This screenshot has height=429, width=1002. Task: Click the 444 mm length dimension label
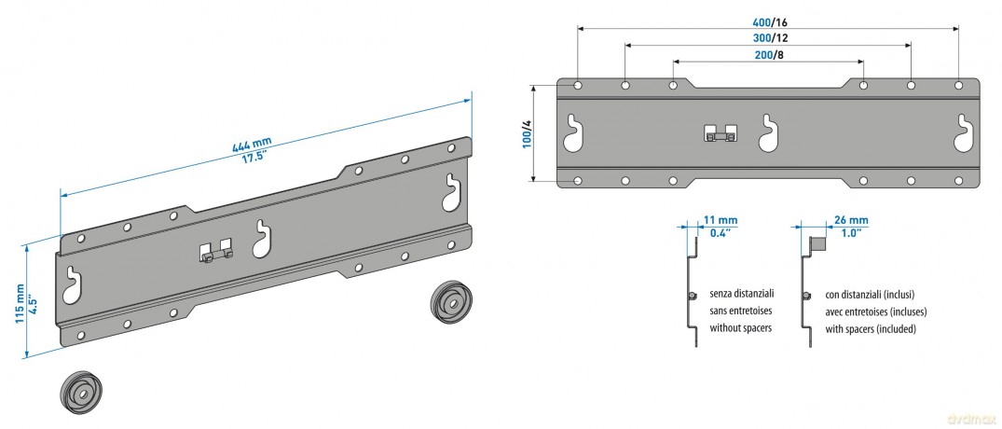point(252,146)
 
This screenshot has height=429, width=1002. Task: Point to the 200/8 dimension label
point(769,55)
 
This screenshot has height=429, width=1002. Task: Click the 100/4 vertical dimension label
point(527,133)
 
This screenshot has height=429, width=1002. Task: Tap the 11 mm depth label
point(724,221)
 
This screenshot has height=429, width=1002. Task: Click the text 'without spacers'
point(741,328)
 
